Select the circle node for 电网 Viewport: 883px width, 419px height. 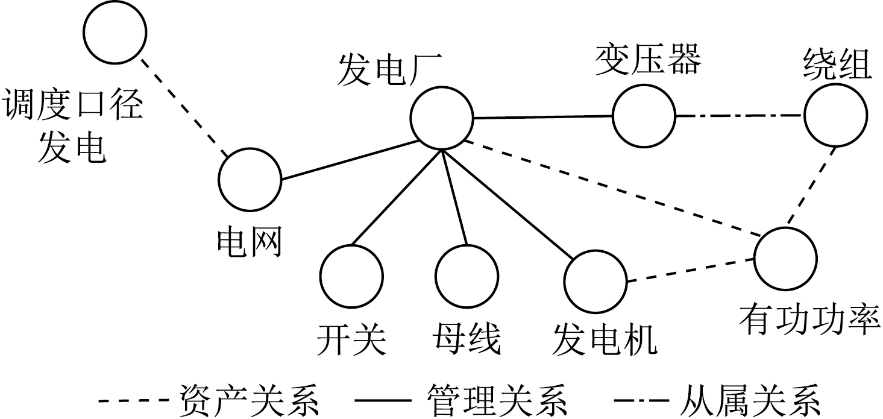pyautogui.click(x=250, y=179)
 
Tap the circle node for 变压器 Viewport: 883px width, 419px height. pyautogui.click(x=644, y=116)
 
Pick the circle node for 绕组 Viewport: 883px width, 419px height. pyautogui.click(x=836, y=115)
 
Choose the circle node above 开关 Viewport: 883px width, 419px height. pyautogui.click(x=351, y=277)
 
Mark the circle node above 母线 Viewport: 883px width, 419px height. pyautogui.click(x=467, y=277)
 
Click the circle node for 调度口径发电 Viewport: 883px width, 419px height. pyautogui.click(x=115, y=33)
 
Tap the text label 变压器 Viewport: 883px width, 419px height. pyautogui.click(x=649, y=61)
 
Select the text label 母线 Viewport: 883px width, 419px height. pyautogui.click(x=466, y=340)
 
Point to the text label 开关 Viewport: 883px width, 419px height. pyautogui.click(x=351, y=340)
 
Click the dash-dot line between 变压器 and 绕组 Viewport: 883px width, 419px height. pyautogui.click(x=740, y=116)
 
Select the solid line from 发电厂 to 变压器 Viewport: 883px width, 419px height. pyautogui.click(x=542, y=117)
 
